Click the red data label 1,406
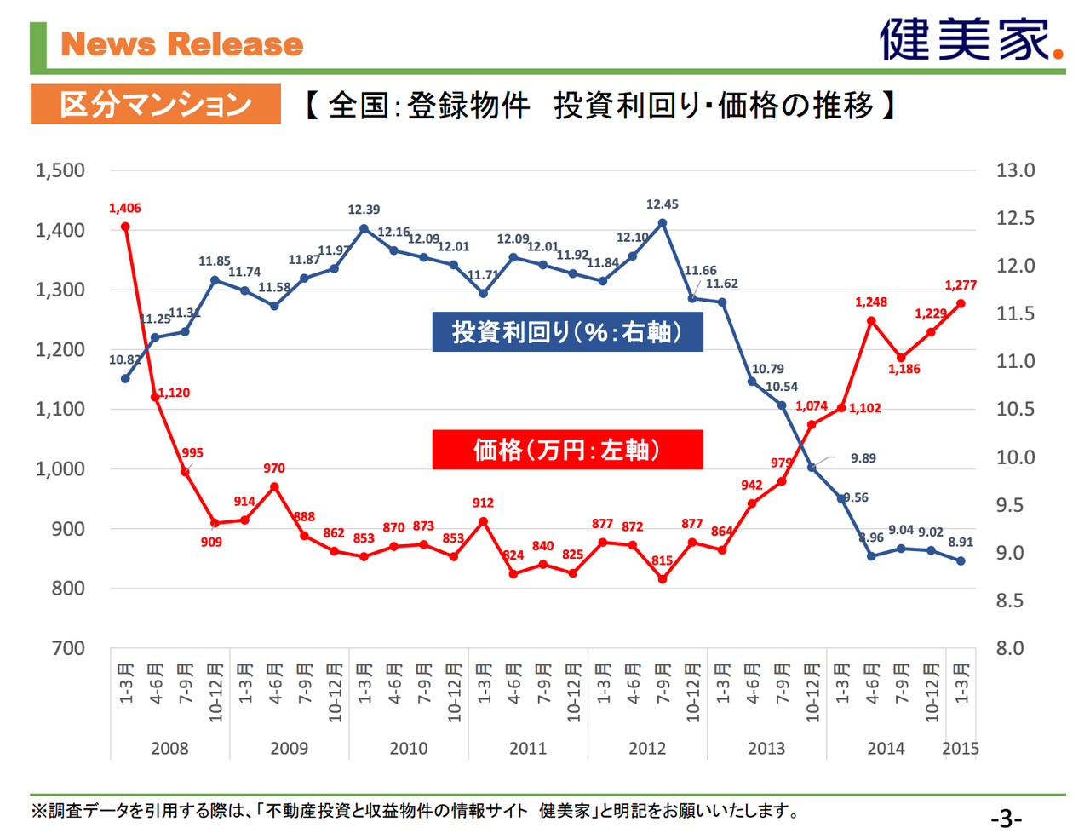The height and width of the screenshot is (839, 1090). tap(124, 208)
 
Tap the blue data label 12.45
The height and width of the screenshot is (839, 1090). tap(662, 204)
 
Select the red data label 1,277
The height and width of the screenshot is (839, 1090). tap(960, 285)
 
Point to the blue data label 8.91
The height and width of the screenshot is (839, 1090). tap(960, 542)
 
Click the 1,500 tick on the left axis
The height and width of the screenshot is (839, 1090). tap(60, 170)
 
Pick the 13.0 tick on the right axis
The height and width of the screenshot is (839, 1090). tap(1015, 170)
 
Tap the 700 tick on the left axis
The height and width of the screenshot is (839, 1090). tap(68, 648)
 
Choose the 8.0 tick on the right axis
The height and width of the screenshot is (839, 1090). tap(1015, 648)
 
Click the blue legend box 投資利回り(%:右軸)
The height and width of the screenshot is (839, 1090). tap(567, 331)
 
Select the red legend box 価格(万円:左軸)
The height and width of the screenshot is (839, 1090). tap(567, 449)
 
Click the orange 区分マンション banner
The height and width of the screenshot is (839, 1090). tap(155, 104)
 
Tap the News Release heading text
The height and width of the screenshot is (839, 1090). tap(182, 44)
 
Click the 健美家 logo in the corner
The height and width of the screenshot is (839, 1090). tap(971, 39)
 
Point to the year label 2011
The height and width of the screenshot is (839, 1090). tap(527, 749)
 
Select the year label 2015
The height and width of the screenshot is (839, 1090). tap(960, 749)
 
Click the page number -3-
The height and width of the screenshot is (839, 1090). tap(1006, 819)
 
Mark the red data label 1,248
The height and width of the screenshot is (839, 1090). tap(871, 302)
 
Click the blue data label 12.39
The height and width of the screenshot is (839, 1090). tap(364, 210)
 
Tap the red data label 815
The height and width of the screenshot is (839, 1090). tap(662, 560)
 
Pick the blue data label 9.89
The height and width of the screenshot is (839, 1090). tap(863, 458)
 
